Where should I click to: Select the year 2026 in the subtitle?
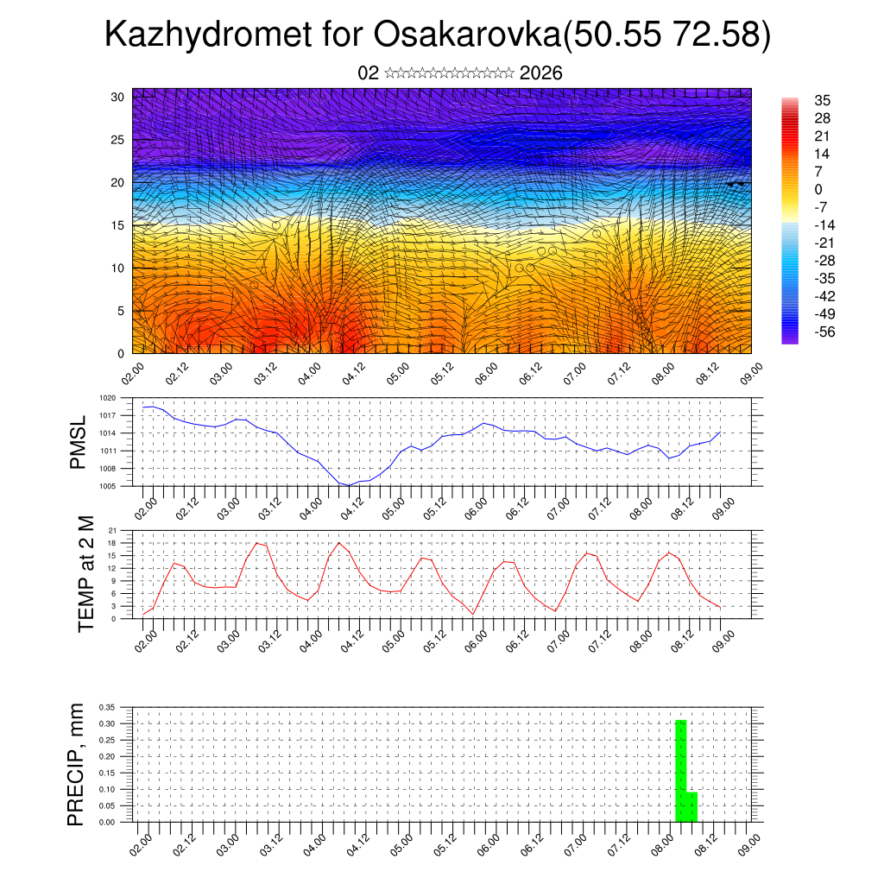(x=541, y=73)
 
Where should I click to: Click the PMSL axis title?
(x=79, y=441)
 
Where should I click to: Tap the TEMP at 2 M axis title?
(x=85, y=574)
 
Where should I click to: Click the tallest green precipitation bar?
(x=680, y=770)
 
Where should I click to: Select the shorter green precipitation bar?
(x=691, y=806)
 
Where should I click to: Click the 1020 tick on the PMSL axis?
(x=107, y=398)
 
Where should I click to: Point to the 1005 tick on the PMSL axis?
(x=107, y=486)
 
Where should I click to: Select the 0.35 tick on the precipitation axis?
(x=106, y=707)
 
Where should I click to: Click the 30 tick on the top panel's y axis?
(x=117, y=97)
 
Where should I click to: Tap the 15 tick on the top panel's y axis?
(x=117, y=225)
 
